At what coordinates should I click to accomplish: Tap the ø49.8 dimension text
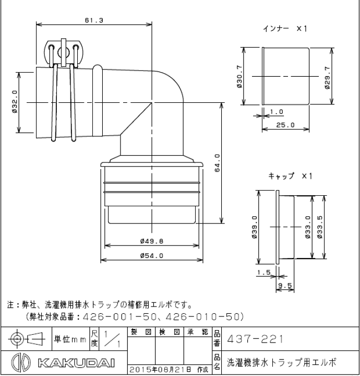tap(152, 241)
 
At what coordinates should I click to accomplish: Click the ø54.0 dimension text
tap(152, 255)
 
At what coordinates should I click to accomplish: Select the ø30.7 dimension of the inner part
tap(239, 77)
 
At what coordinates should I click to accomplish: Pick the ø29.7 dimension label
tap(327, 77)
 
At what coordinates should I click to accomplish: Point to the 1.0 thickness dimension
tap(277, 112)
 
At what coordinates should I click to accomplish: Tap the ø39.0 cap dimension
tap(255, 227)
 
